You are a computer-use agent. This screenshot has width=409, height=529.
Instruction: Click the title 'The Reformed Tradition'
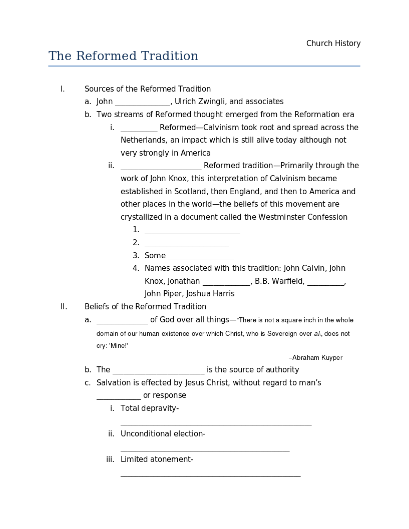[x=123, y=56]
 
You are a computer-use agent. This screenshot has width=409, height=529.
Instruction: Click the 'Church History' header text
[x=333, y=44]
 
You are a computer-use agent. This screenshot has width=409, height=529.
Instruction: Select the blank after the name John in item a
[x=143, y=102]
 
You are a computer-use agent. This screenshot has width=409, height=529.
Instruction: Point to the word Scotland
[x=190, y=192]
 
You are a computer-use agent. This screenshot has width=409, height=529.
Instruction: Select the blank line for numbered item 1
[x=192, y=230]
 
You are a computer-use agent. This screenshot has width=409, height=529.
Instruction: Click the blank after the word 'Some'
[x=201, y=256]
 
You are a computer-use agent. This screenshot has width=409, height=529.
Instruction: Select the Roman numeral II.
[x=64, y=307]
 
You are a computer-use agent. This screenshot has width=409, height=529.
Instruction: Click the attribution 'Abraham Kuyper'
[x=317, y=358]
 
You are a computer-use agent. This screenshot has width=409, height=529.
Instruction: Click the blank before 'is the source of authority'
[x=159, y=370]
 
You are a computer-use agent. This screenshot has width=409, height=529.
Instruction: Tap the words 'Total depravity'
[x=149, y=408]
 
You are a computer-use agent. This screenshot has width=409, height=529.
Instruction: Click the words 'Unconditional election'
[x=162, y=434]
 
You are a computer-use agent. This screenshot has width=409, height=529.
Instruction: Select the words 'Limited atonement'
[x=156, y=459]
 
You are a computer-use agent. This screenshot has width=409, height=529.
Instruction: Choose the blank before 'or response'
[x=119, y=396]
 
